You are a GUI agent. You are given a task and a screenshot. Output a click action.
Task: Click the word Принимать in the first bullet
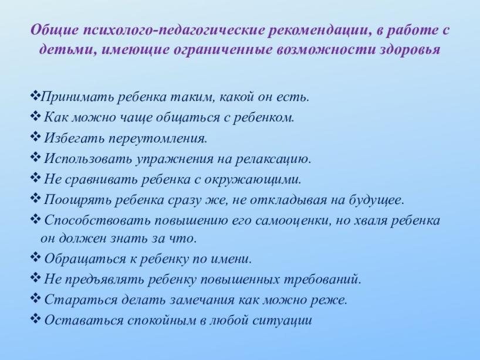[x=77, y=97]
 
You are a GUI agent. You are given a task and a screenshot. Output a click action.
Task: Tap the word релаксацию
[x=273, y=159]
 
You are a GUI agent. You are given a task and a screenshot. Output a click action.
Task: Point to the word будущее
[x=376, y=201]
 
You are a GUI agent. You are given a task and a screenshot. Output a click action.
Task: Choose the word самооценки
[x=293, y=221]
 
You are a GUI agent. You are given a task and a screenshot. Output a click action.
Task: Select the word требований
[x=323, y=280]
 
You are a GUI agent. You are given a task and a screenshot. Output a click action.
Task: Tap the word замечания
[x=202, y=300]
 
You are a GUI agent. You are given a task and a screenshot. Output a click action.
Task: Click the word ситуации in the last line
[x=282, y=321]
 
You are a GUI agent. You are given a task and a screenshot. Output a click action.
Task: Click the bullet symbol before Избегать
[x=36, y=137]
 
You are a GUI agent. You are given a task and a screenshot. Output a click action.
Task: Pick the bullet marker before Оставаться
[x=36, y=319]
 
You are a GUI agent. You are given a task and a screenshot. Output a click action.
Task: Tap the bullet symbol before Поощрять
[x=36, y=199]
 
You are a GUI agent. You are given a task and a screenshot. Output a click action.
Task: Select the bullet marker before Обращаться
[x=36, y=257]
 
